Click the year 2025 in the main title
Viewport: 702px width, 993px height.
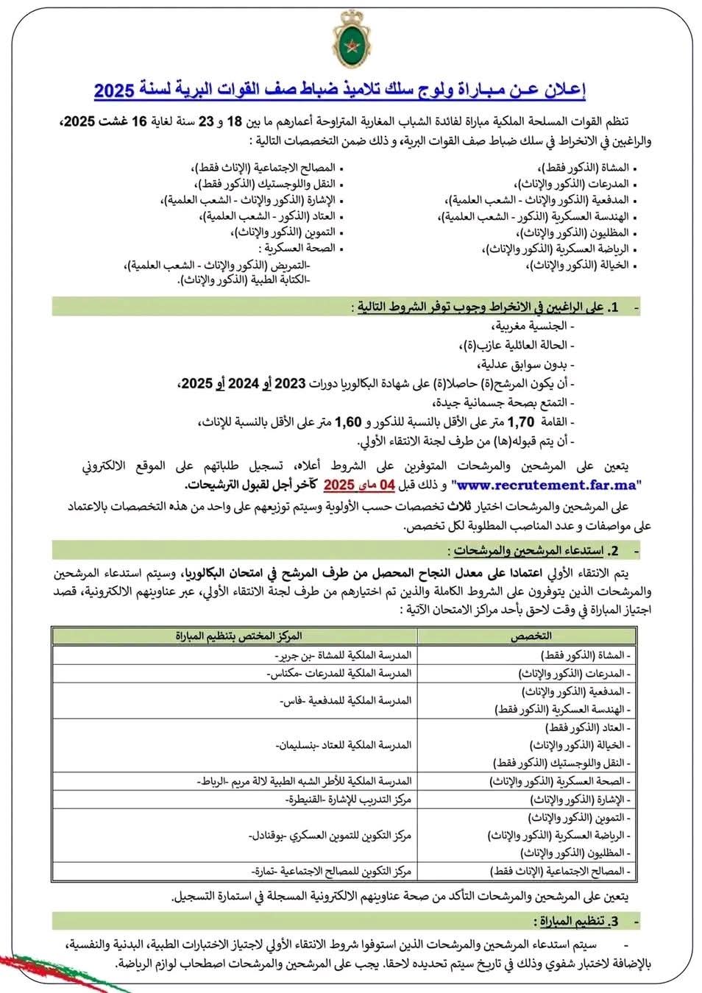coord(115,90)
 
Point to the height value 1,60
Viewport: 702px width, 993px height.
coord(349,423)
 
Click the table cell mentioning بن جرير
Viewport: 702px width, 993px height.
coord(341,655)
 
